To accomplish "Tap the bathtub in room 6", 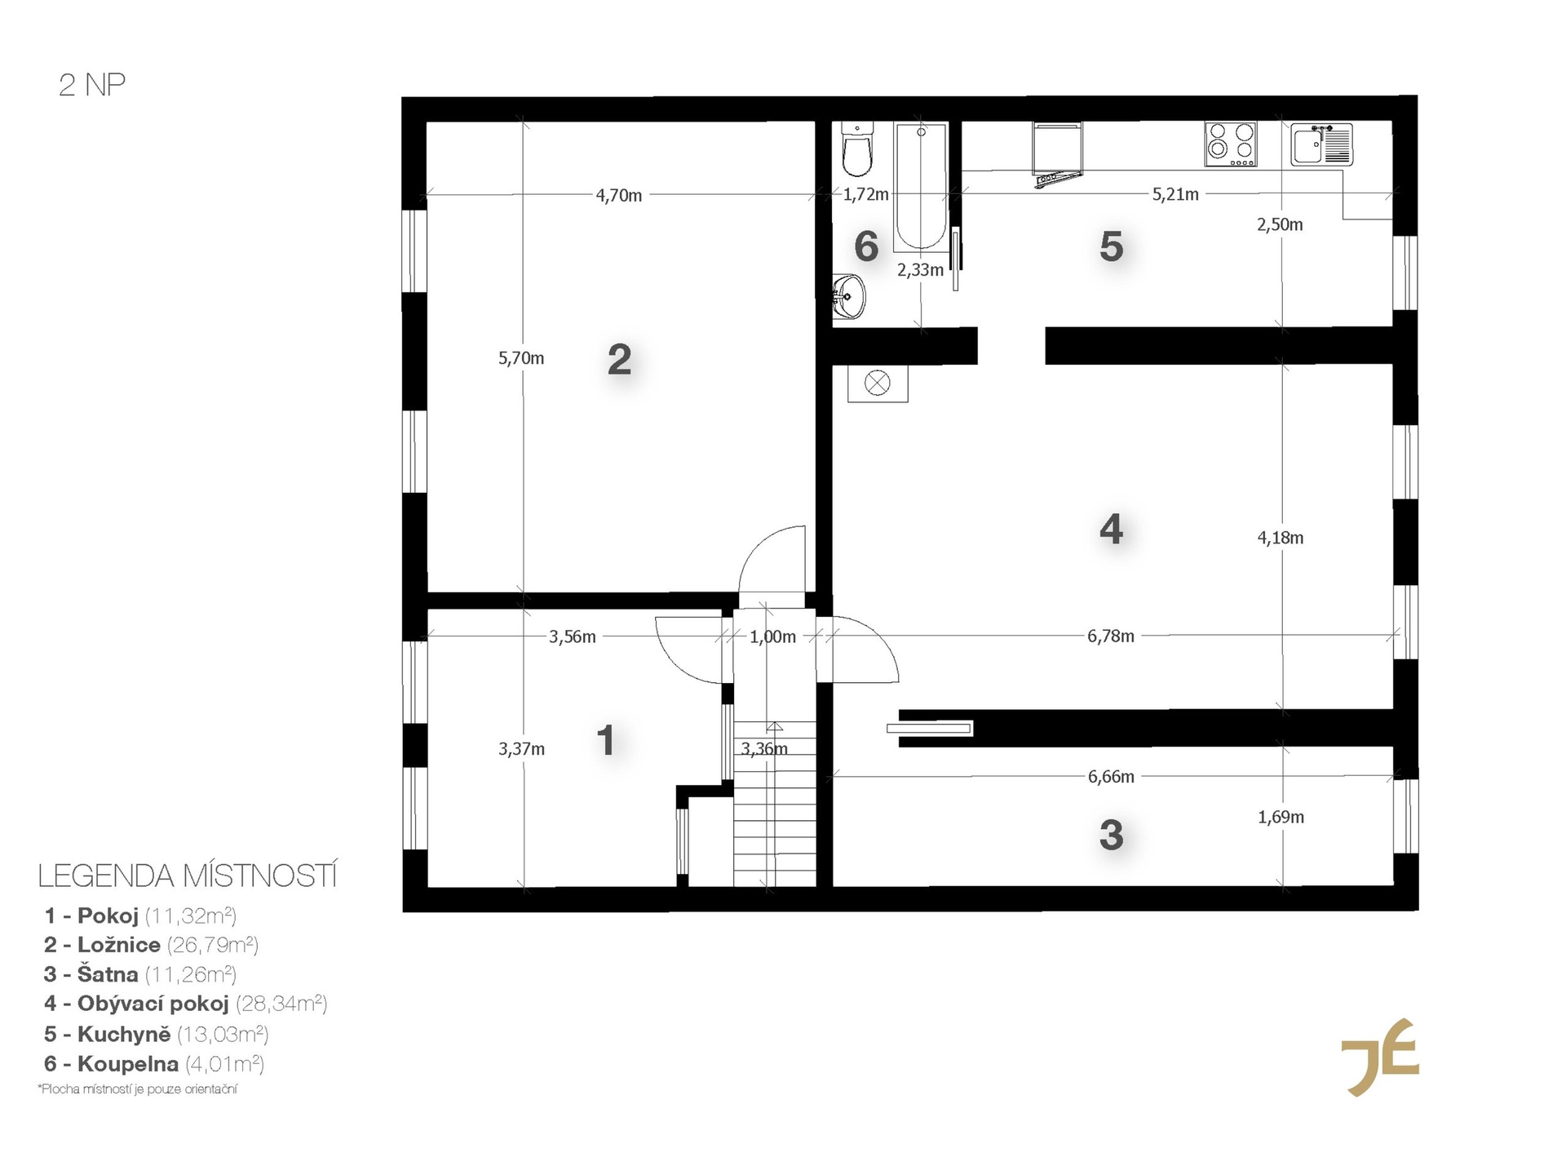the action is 921,186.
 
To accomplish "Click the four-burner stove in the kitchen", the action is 1231,144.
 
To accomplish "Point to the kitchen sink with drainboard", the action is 1321,144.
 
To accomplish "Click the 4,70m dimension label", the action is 619,196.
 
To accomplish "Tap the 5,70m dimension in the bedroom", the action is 521,358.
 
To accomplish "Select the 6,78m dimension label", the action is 1111,636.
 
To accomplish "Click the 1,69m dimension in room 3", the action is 1281,817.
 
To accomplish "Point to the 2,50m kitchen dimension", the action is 1280,224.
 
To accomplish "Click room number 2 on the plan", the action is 619,360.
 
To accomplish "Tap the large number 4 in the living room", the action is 1111,530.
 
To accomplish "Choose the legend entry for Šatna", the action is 140,974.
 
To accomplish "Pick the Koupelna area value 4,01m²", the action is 225,1064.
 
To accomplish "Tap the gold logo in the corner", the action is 1380,1057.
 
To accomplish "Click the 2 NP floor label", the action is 92,85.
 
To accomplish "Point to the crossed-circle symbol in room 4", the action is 878,383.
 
